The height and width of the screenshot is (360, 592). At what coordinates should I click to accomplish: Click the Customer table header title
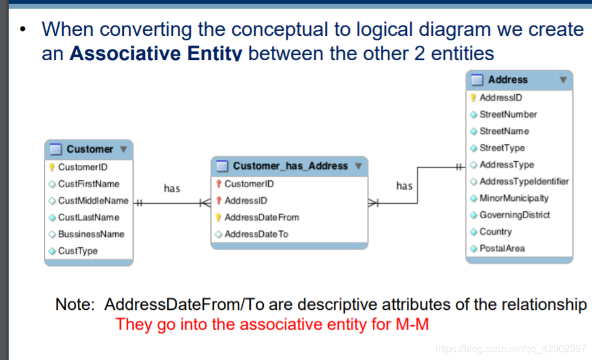click(x=90, y=149)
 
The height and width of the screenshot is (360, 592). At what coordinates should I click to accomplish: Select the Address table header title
click(x=508, y=80)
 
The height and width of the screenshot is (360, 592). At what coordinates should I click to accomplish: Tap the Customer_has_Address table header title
click(x=290, y=166)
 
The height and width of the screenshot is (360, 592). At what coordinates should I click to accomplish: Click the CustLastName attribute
click(x=89, y=217)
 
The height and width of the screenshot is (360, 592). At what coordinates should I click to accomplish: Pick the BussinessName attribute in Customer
click(x=91, y=234)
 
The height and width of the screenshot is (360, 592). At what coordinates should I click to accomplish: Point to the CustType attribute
click(x=77, y=251)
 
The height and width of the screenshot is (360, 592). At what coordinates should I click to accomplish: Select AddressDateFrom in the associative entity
click(x=261, y=217)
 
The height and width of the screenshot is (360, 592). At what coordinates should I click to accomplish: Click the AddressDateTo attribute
click(x=256, y=234)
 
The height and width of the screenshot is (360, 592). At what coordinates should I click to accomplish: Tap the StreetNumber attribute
click(x=508, y=115)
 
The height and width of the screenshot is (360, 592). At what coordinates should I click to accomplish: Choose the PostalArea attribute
click(x=502, y=248)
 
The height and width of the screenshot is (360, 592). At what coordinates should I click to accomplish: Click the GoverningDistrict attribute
click(x=515, y=215)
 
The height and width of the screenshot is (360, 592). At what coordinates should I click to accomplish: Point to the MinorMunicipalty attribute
click(x=514, y=198)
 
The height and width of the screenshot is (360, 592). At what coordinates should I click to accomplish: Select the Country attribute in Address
click(x=495, y=232)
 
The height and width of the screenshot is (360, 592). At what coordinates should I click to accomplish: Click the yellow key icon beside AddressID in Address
click(x=474, y=98)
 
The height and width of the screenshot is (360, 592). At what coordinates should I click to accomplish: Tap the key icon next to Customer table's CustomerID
click(x=52, y=167)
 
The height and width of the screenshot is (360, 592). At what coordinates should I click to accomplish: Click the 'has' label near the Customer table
click(x=172, y=188)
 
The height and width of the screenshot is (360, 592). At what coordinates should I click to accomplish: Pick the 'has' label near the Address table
click(x=404, y=186)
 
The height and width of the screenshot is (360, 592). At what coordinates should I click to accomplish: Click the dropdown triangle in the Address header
click(x=563, y=80)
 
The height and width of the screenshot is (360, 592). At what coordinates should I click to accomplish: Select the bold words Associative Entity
click(x=155, y=54)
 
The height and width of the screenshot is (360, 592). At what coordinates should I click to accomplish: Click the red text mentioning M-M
click(x=272, y=325)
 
